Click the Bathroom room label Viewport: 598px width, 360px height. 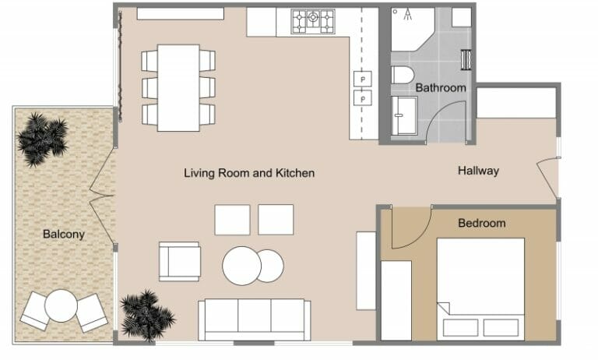point(440,88)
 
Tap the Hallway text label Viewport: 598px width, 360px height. point(477,171)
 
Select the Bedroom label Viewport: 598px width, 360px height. point(481,223)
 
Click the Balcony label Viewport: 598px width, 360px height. point(63,234)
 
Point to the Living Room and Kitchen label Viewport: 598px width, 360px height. point(249,173)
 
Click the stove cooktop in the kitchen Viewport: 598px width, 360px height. point(313,21)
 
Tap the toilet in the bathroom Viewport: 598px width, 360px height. point(402,77)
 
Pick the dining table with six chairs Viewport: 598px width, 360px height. point(178,87)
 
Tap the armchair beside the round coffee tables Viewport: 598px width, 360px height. point(180,262)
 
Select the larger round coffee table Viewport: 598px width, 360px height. point(241,266)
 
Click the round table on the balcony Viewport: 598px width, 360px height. point(60,306)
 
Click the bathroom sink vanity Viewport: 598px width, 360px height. point(404,115)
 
